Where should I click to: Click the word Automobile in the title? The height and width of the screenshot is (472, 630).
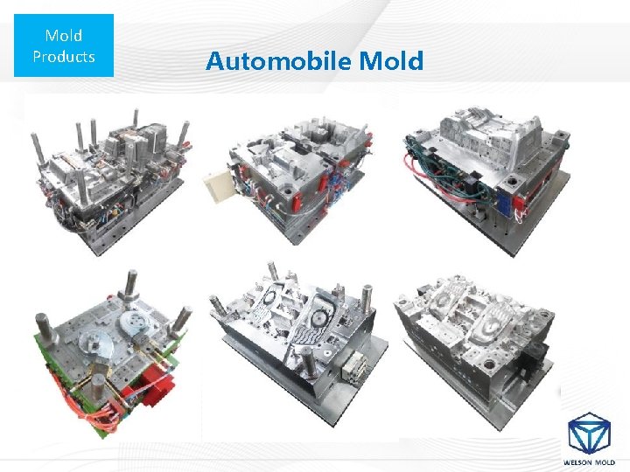[x=279, y=60]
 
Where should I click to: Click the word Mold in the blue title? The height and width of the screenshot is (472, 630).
[x=391, y=60]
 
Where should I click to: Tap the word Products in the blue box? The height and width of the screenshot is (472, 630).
[x=64, y=57]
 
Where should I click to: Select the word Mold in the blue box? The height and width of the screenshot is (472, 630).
[x=64, y=35]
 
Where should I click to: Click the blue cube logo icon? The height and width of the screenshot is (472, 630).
[x=589, y=434]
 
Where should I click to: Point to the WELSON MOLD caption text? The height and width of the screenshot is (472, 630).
[x=589, y=462]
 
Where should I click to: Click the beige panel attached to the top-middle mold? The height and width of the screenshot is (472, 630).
[x=217, y=186]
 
